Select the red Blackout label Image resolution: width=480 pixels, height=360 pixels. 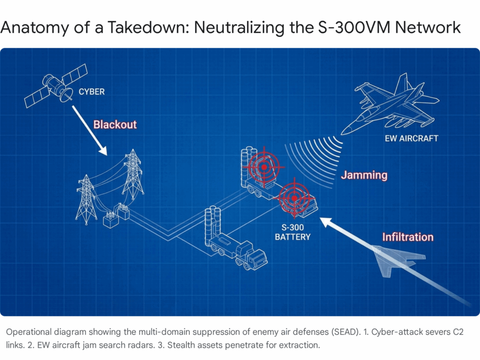(115, 125)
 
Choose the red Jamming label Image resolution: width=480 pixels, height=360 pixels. (364, 175)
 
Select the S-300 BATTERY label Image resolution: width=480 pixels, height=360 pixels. (292, 232)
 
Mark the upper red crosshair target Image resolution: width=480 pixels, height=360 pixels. (264, 166)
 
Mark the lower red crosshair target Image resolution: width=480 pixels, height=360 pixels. (294, 197)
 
